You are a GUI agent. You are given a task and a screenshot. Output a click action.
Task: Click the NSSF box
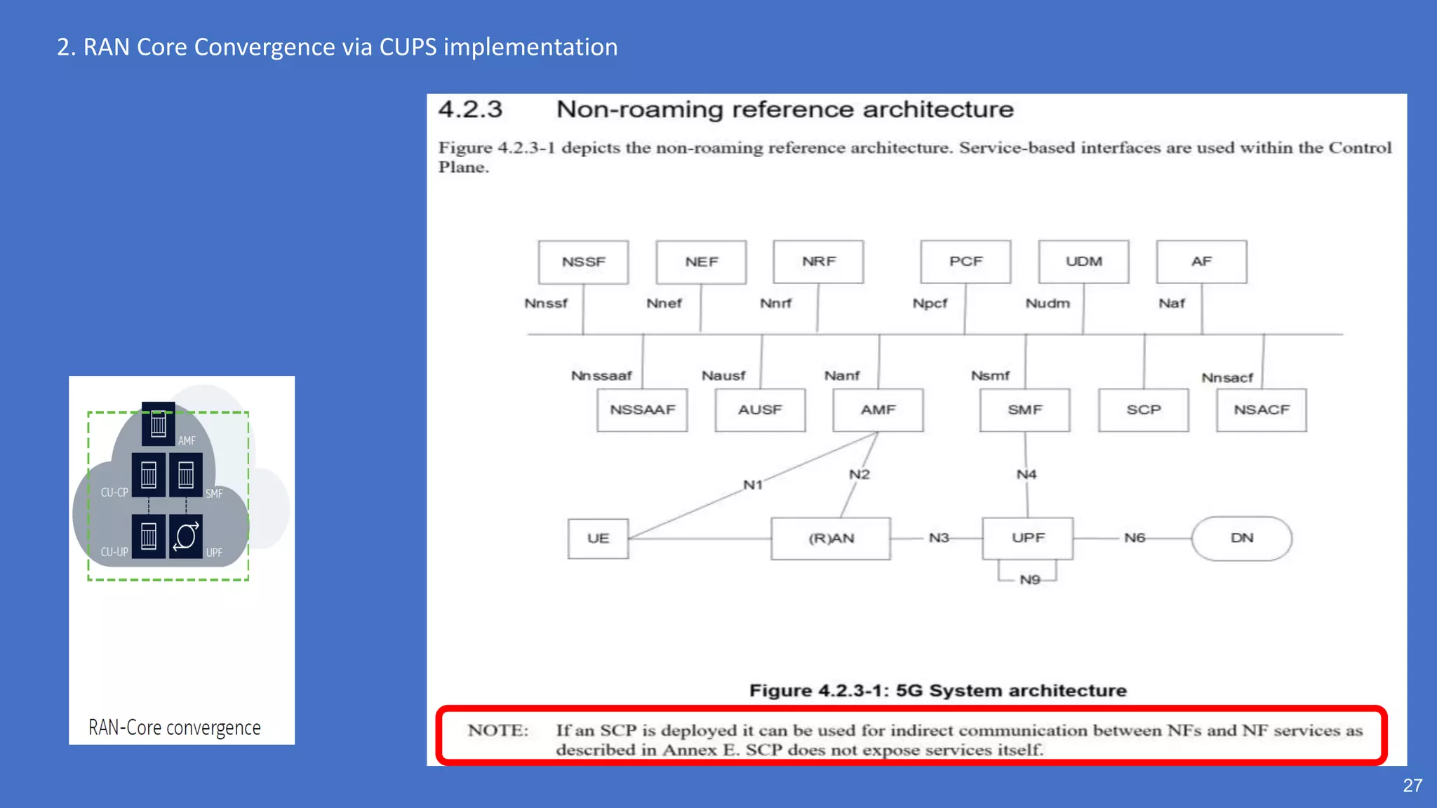click(x=583, y=262)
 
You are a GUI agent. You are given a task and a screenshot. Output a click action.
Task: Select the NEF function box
click(x=701, y=262)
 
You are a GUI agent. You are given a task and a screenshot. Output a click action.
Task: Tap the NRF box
click(x=818, y=261)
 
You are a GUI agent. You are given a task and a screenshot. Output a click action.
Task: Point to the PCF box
click(x=965, y=261)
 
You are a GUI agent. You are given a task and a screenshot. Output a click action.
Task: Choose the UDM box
click(x=1083, y=261)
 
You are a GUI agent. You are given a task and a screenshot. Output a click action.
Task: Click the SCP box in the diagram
click(x=1143, y=410)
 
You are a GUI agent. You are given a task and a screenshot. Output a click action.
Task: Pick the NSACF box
click(x=1261, y=410)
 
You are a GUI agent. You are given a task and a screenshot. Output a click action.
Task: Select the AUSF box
click(x=760, y=410)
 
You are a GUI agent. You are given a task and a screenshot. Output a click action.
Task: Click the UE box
click(x=598, y=538)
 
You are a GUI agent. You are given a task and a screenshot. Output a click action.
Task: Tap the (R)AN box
click(x=831, y=538)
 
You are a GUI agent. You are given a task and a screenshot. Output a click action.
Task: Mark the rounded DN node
click(x=1241, y=538)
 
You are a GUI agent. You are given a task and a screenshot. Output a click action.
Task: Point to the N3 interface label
click(x=939, y=538)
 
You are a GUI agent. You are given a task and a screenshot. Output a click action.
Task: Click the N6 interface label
click(x=1134, y=538)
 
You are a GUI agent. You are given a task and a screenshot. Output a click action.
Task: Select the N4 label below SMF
click(x=1026, y=475)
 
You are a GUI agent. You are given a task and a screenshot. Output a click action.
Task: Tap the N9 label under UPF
click(x=1029, y=579)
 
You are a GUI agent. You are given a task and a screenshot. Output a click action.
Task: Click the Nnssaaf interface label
click(x=601, y=376)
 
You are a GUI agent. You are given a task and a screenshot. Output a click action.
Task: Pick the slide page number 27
click(x=1412, y=786)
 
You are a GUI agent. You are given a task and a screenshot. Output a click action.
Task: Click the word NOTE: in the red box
click(x=498, y=730)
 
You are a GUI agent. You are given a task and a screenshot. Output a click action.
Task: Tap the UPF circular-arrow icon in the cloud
click(x=186, y=537)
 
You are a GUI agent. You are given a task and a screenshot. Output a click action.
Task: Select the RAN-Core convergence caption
click(x=175, y=727)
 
